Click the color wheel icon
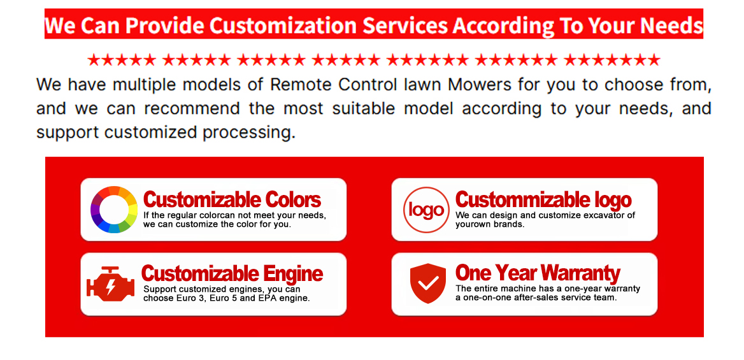114,210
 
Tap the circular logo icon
426,210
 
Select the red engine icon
111,284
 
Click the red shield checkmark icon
428,284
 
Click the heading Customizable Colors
232,200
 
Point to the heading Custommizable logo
543,200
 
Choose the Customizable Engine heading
232,274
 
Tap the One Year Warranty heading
538,273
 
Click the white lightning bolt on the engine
111,287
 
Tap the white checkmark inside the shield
428,283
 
